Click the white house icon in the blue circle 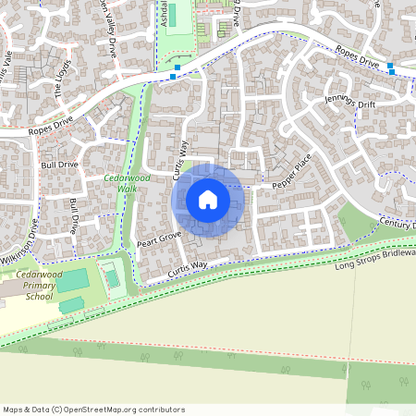coord(208,199)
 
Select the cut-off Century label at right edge coord(398,224)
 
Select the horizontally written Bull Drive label coord(59,165)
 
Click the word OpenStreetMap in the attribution coord(104,410)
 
